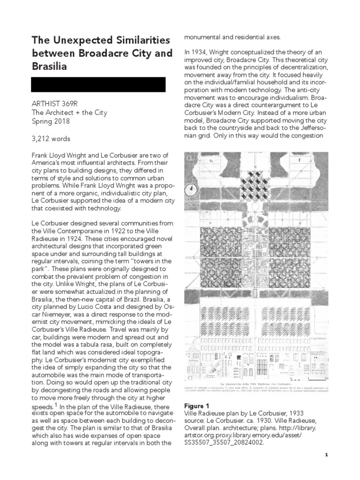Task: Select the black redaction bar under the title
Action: click(98, 84)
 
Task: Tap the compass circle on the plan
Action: click(190, 190)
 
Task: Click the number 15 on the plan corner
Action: click(191, 158)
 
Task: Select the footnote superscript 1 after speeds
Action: click(56, 405)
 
